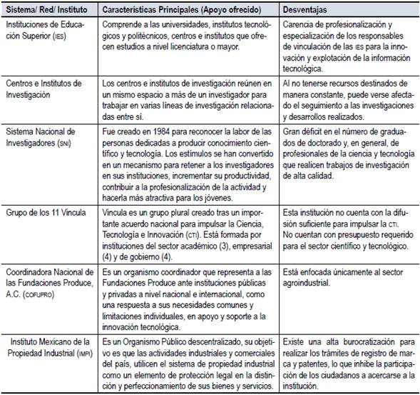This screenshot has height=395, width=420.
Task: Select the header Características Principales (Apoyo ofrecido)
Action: tap(178, 9)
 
